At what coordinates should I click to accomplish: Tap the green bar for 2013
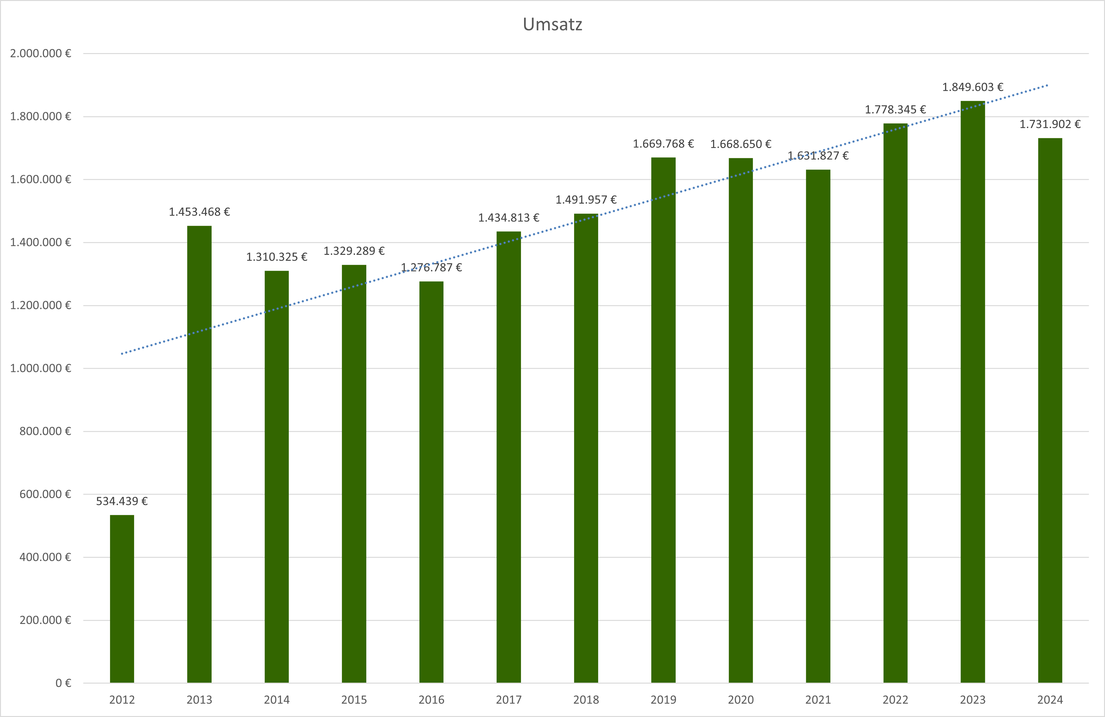tap(199, 455)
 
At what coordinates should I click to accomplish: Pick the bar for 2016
tap(431, 483)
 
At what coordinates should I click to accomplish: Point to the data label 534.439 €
tap(122, 501)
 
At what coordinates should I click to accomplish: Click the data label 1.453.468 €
tap(199, 212)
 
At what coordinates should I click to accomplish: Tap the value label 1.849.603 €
tap(973, 87)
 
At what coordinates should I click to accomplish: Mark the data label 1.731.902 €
tap(1050, 124)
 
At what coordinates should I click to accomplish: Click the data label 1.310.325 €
tap(277, 257)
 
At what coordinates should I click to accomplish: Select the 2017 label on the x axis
tap(508, 700)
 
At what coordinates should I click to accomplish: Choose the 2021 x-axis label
tap(818, 700)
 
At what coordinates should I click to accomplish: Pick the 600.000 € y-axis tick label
tap(45, 494)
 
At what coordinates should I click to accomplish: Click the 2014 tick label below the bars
tap(277, 700)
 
